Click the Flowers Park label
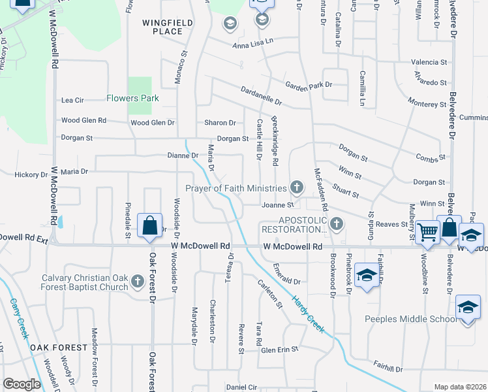(x=132, y=99)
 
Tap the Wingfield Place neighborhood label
(x=168, y=27)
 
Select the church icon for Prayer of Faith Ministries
(x=297, y=188)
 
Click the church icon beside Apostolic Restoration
(x=336, y=225)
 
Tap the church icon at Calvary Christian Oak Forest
(x=137, y=281)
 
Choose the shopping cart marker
(x=427, y=231)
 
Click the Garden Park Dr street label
(x=309, y=85)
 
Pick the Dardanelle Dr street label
(x=261, y=97)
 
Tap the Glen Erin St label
(x=279, y=350)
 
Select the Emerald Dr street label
(x=286, y=282)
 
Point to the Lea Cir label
(x=72, y=101)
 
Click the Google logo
(x=21, y=384)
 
